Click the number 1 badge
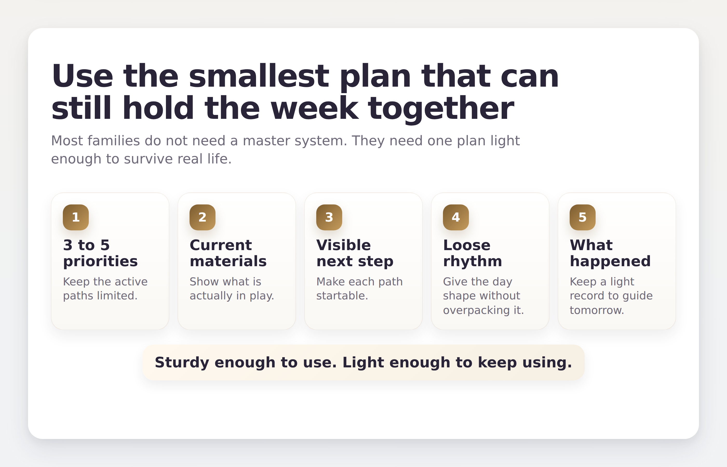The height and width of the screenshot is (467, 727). (76, 217)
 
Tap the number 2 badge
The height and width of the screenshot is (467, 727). (202, 217)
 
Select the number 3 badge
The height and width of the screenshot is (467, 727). (329, 217)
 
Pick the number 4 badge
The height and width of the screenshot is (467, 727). (456, 217)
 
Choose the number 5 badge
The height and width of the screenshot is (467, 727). (582, 217)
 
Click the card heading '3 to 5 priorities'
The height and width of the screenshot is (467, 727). (100, 253)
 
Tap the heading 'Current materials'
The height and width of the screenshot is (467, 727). (228, 253)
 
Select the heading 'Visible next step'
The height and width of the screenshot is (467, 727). (354, 253)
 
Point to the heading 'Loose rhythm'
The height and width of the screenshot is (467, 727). (472, 253)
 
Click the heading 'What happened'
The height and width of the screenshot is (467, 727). (610, 253)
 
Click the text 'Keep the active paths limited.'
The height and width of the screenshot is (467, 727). (105, 289)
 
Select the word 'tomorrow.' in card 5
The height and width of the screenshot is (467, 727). (596, 310)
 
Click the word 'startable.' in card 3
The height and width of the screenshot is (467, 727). (342, 296)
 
